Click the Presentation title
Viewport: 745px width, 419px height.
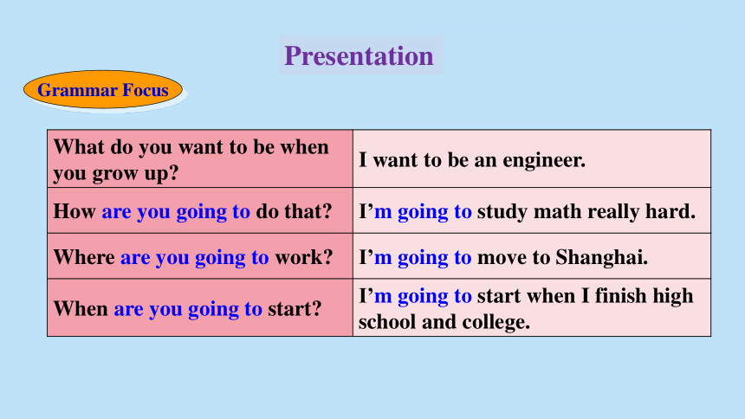coord(359,55)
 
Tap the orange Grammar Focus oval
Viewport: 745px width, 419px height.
coord(103,89)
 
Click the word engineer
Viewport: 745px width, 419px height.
coord(544,160)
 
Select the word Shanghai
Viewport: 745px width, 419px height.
coord(602,257)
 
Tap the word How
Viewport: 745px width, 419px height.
coord(74,211)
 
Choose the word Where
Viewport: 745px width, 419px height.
coord(84,257)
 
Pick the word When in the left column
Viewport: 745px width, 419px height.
coord(81,309)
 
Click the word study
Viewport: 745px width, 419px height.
coord(502,212)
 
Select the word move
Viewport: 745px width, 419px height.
coord(502,257)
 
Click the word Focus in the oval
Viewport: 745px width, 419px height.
coord(146,90)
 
